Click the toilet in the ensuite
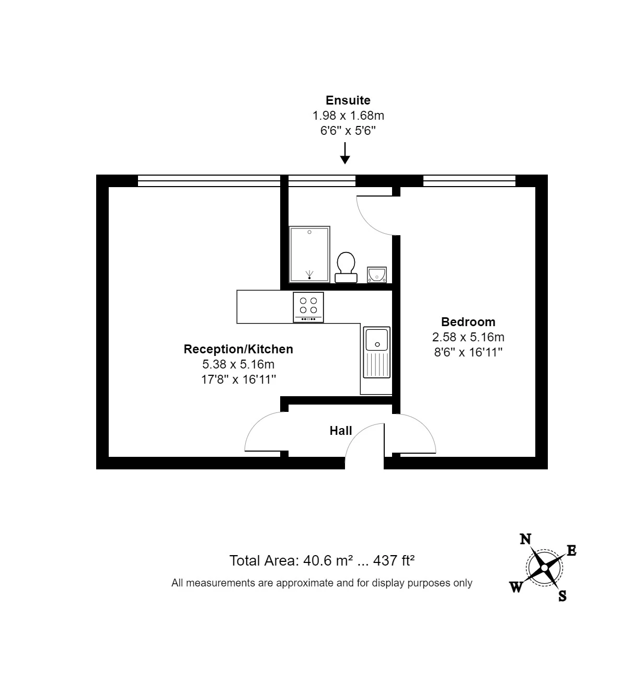pos(346,267)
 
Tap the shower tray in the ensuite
pos(309,254)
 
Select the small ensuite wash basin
pos(377,274)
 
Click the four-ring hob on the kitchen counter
pos(308,307)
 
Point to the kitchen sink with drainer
pos(376,352)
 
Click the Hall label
pos(341,431)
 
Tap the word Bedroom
pos(468,322)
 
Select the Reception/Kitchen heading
pos(238,349)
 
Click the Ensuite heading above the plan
pos(348,100)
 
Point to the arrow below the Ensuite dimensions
pos(344,153)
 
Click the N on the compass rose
pos(525,539)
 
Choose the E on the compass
pos(571,550)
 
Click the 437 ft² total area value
pos(394,560)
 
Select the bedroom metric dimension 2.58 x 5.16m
pos(468,337)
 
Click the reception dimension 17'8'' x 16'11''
pos(238,379)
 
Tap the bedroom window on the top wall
pos(469,181)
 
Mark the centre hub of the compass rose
pos(544,568)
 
